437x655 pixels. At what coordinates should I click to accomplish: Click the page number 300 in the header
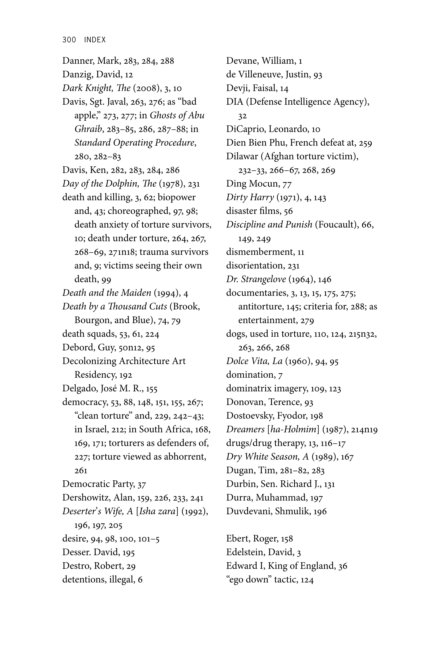(x=69, y=40)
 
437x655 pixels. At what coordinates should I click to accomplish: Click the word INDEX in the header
(x=95, y=40)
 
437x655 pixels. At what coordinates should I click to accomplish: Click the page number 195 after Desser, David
(x=128, y=552)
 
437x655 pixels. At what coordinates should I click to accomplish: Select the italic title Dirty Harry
(x=250, y=197)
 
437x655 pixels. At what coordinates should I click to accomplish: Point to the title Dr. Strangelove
(x=256, y=279)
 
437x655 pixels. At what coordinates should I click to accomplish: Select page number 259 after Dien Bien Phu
(x=365, y=143)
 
